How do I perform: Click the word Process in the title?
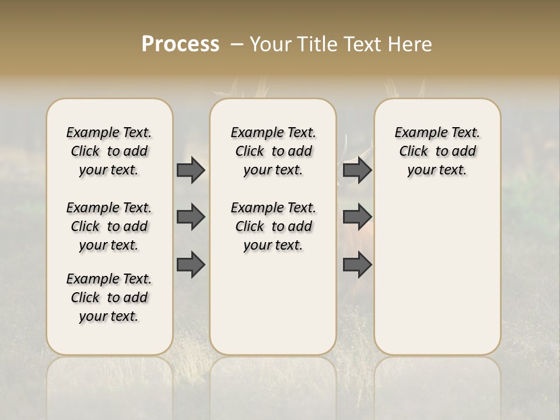pyautogui.click(x=180, y=44)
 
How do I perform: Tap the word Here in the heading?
pyautogui.click(x=411, y=44)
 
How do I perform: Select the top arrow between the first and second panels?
pyautogui.click(x=191, y=170)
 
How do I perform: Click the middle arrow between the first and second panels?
pyautogui.click(x=191, y=217)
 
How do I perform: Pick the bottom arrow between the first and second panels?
pyautogui.click(x=191, y=265)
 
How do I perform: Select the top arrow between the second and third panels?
pyautogui.click(x=357, y=170)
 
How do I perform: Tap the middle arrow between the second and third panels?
pyautogui.click(x=357, y=217)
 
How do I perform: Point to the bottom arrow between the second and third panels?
pyautogui.click(x=357, y=265)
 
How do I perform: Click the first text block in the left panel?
pyautogui.click(x=109, y=151)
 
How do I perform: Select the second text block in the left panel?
pyautogui.click(x=109, y=226)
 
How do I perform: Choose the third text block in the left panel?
pyautogui.click(x=109, y=297)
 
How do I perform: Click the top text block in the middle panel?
pyautogui.click(x=273, y=151)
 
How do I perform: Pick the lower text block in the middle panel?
pyautogui.click(x=273, y=226)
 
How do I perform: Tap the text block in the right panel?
pyautogui.click(x=437, y=151)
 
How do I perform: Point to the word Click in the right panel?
pyautogui.click(x=414, y=151)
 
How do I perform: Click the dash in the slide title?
pyautogui.click(x=237, y=44)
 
